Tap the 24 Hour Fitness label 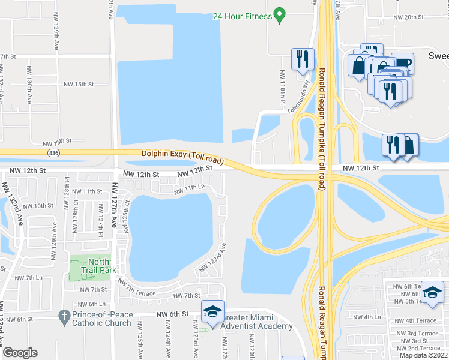242,16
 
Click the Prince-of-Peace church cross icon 64,315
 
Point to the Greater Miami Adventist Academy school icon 212,311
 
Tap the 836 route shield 55,154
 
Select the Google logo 20,353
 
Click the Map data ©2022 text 424,355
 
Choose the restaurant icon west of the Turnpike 302,59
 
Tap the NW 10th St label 39,206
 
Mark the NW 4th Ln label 367,317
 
